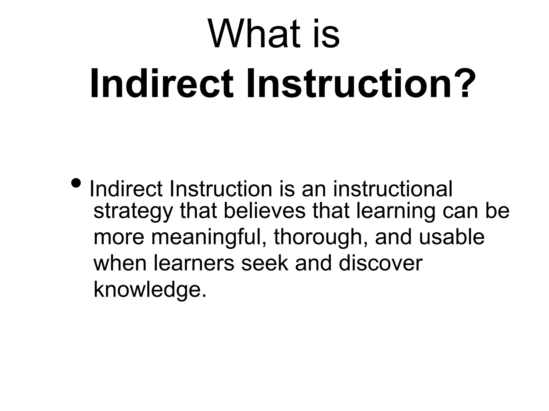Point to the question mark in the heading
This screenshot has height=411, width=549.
[x=460, y=83]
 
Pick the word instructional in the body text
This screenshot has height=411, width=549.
[x=393, y=189]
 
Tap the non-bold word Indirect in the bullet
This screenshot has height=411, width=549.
[x=126, y=189]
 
